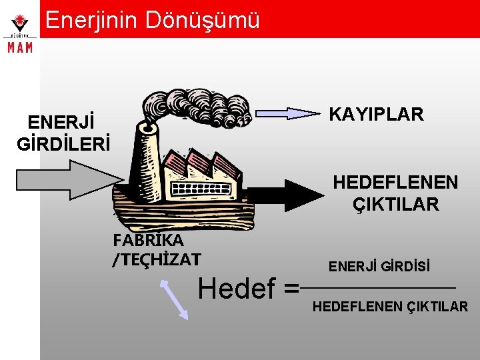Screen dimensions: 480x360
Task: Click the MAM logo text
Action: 19,48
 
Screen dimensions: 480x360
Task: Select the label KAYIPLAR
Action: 377,115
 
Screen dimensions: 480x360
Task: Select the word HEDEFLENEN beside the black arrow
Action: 395,182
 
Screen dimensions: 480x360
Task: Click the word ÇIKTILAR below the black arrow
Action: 396,205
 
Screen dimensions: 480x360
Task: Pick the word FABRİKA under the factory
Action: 149,239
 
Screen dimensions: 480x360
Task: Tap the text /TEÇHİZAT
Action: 157,257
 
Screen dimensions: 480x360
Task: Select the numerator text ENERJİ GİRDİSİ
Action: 379,267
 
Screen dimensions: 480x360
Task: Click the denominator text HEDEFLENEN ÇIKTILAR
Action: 390,307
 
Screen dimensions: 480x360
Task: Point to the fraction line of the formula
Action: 378,288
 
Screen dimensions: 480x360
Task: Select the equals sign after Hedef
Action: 291,290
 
